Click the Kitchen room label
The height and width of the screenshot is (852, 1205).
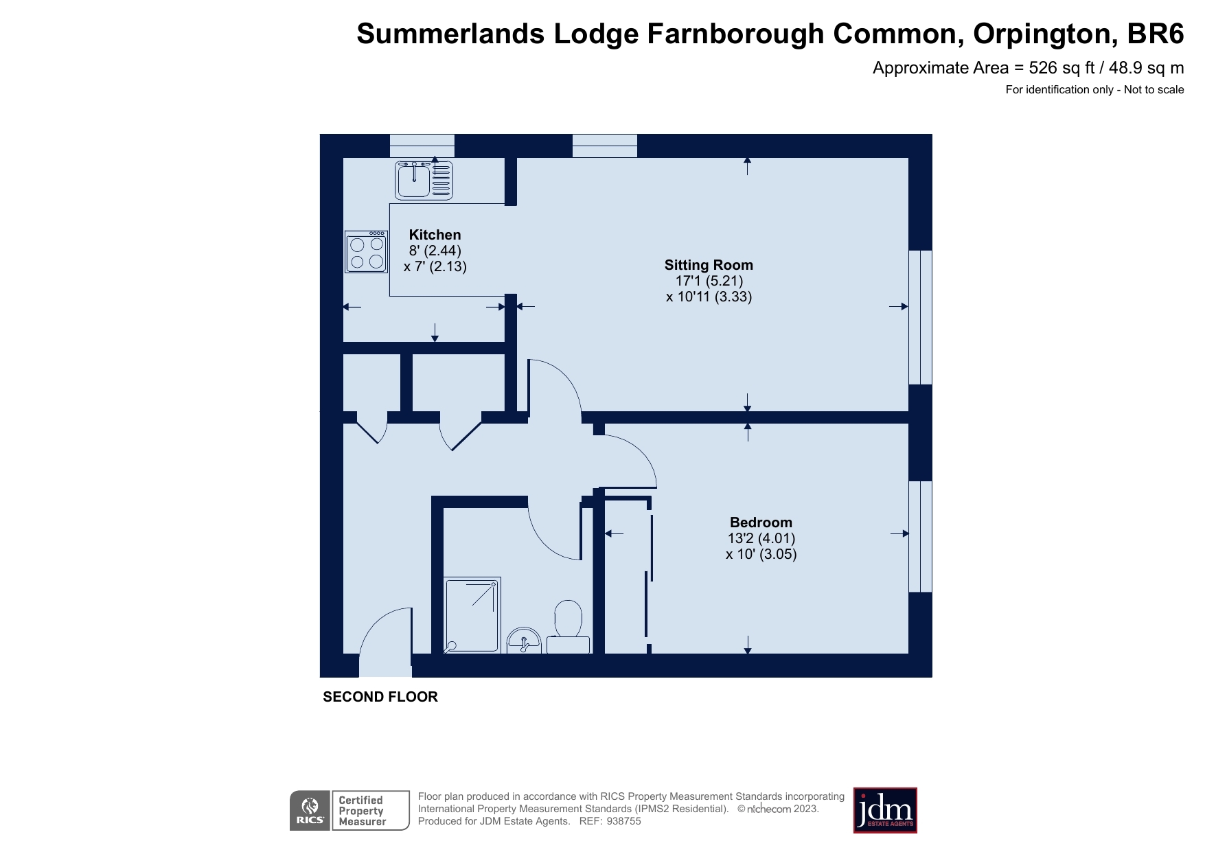tap(435, 235)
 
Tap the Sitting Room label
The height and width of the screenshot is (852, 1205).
tap(709, 265)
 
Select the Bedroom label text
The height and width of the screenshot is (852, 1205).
tap(761, 522)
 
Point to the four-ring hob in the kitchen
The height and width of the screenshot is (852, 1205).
tap(367, 252)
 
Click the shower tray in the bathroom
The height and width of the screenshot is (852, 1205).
tap(472, 614)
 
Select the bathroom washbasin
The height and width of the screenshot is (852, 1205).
tap(524, 643)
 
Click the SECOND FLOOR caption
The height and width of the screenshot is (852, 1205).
tap(380, 697)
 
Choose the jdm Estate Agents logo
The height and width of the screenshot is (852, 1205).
tap(885, 810)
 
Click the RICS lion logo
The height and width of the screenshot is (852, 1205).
tap(310, 810)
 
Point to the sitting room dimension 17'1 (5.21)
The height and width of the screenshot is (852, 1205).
tap(709, 281)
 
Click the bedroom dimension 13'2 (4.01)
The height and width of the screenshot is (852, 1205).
tap(761, 538)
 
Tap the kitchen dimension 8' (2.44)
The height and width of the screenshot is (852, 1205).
tap(435, 251)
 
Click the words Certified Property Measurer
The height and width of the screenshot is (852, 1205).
tap(362, 811)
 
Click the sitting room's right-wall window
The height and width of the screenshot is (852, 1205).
tap(921, 316)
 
